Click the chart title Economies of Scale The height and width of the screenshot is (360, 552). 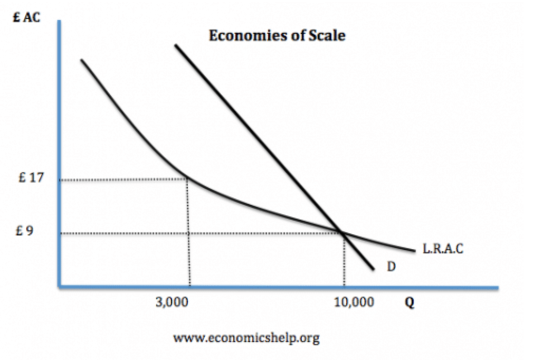pos(277,36)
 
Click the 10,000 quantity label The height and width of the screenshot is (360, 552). pos(355,302)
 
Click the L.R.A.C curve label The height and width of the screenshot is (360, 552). pos(443,249)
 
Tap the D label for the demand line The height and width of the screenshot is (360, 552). pos(391,267)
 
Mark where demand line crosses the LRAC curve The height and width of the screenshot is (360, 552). pos(342,232)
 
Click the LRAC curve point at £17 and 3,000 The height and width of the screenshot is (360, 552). pos(187,179)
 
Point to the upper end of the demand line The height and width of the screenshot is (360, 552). pos(176,45)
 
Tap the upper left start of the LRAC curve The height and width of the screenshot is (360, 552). pos(82,60)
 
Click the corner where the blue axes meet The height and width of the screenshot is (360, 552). pos(60,287)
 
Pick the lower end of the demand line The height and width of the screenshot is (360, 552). pos(374,269)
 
